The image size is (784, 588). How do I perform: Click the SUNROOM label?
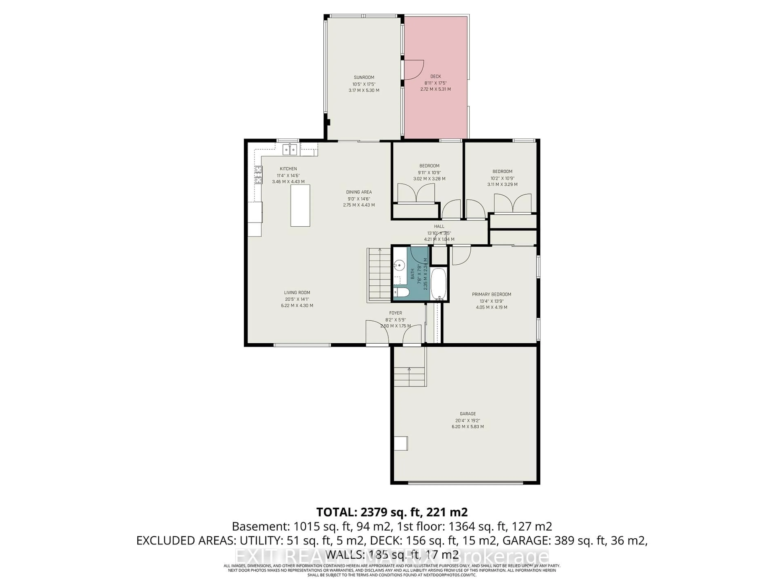tap(364, 77)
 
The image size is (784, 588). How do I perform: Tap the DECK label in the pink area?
tap(436, 76)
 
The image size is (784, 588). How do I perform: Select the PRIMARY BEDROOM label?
tap(491, 294)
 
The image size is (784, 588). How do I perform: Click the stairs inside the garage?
tap(409, 376)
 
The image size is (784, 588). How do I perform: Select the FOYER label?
tap(395, 313)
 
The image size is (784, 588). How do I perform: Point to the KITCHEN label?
tap(288, 169)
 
